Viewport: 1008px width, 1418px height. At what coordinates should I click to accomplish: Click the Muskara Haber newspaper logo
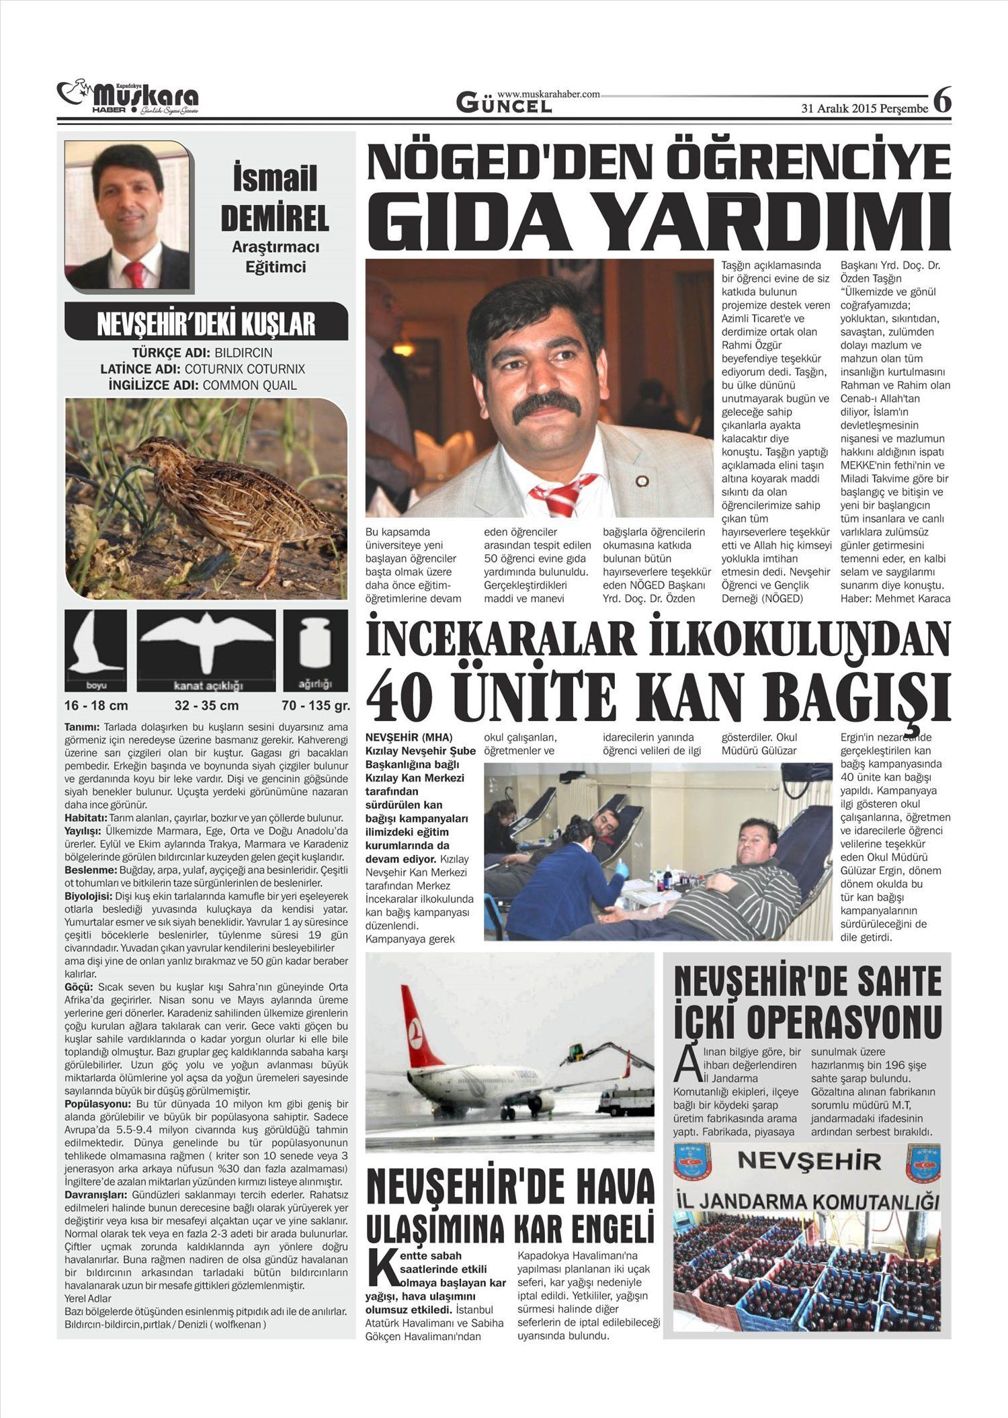128,99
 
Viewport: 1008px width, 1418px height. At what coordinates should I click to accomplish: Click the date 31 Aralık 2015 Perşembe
865,109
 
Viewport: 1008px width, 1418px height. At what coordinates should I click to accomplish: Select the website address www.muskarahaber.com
548,94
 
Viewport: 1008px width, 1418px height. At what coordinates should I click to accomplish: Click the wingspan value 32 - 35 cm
206,706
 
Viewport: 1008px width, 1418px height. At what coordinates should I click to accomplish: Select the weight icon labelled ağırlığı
315,650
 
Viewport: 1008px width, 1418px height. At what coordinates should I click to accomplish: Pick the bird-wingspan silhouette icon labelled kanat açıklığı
206,650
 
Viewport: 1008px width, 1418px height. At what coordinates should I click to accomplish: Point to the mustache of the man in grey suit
546,406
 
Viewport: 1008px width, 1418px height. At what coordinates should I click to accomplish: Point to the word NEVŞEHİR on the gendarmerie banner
809,1161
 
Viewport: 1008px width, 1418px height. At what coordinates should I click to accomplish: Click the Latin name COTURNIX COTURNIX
245,369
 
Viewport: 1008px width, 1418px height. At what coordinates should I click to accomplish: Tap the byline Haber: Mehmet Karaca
896,598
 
